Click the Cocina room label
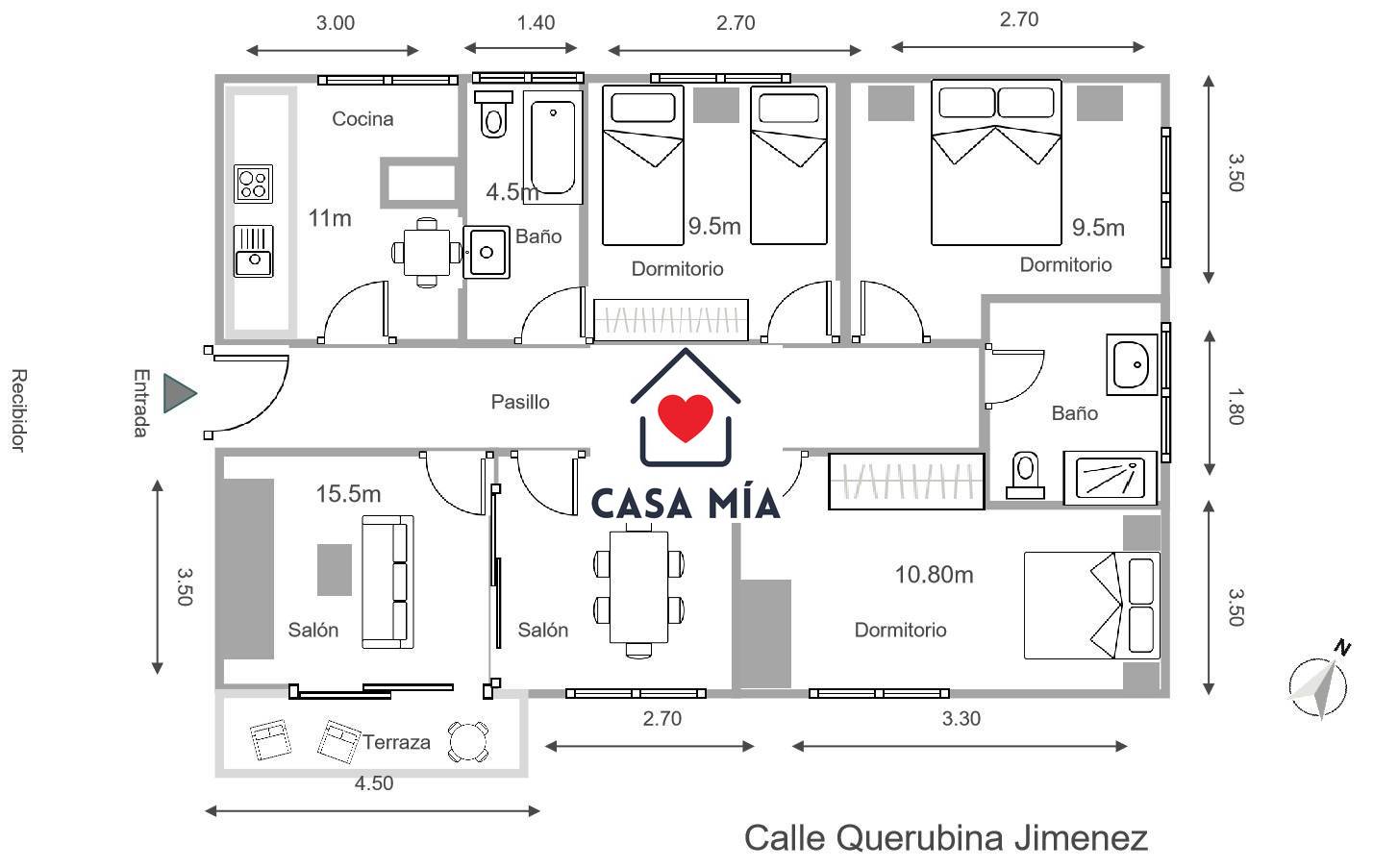pyautogui.click(x=362, y=119)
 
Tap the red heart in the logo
pyautogui.click(x=686, y=418)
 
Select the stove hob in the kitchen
pyautogui.click(x=253, y=184)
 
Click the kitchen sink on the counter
pyautogui.click(x=253, y=251)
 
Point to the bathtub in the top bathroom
pyautogui.click(x=553, y=147)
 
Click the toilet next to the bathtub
pyautogui.click(x=493, y=114)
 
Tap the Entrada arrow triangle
pyautogui.click(x=180, y=393)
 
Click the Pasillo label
pyautogui.click(x=520, y=402)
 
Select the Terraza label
pyautogui.click(x=396, y=742)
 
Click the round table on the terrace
pyautogui.click(x=468, y=741)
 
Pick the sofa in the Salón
pyautogui.click(x=387, y=582)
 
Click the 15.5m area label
pyautogui.click(x=348, y=494)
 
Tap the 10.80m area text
pyautogui.click(x=935, y=575)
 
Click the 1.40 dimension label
pyautogui.click(x=536, y=23)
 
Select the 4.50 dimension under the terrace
pyautogui.click(x=374, y=783)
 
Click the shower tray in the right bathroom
pyautogui.click(x=1111, y=479)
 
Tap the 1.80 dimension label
pyautogui.click(x=1236, y=406)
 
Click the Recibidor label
pyautogui.click(x=19, y=410)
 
